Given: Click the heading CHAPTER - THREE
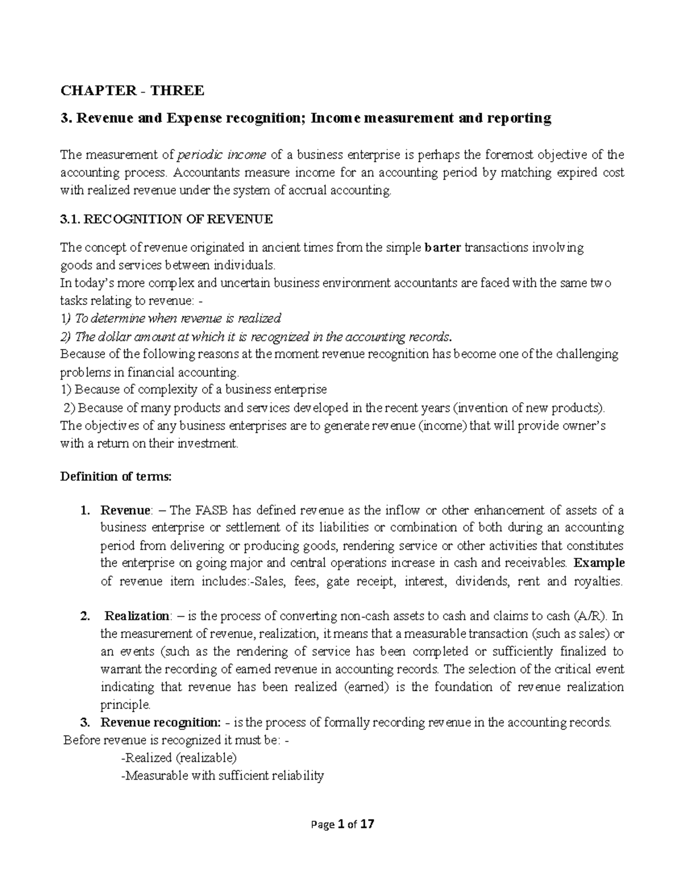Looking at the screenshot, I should coord(132,90).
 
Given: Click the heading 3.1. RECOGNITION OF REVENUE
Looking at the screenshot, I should coord(167,219).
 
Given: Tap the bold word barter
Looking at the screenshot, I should coord(444,248).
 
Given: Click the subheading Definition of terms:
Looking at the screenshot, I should coord(115,477).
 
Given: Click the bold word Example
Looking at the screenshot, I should coord(599,563).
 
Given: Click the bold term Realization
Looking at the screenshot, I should coord(137,616).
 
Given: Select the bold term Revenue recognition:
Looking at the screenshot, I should coord(160,723).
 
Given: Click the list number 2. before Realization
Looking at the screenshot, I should coord(85,616).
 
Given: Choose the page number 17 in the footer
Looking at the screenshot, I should coord(368,824).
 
